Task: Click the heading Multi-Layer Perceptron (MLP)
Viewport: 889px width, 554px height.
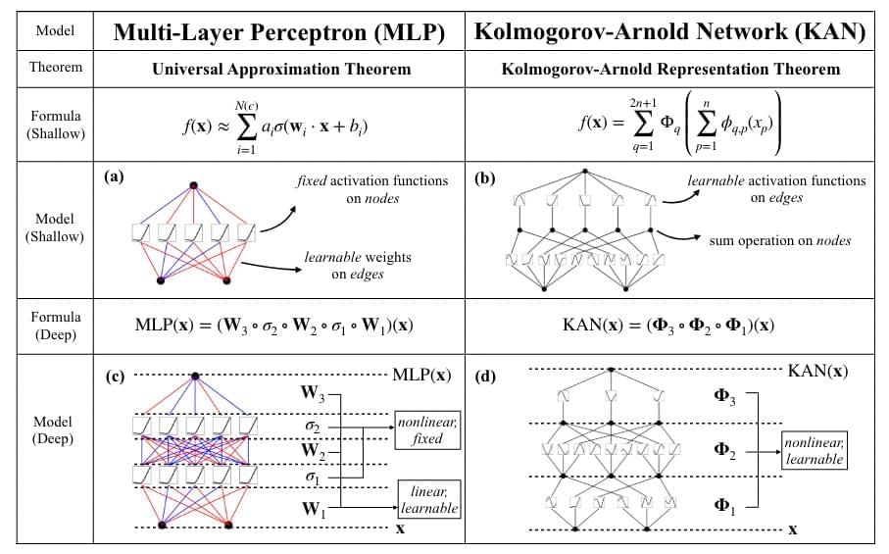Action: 279,32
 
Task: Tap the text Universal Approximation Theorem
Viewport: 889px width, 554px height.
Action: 280,70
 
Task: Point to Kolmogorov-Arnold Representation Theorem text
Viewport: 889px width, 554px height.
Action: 670,70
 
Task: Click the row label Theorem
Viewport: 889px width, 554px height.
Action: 55,69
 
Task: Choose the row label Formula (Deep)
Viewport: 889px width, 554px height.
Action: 55,324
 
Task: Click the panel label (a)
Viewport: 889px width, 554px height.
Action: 115,177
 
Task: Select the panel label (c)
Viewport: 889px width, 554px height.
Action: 116,374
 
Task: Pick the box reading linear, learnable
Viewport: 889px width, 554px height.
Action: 427,499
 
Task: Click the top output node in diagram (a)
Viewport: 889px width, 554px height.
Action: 194,184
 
